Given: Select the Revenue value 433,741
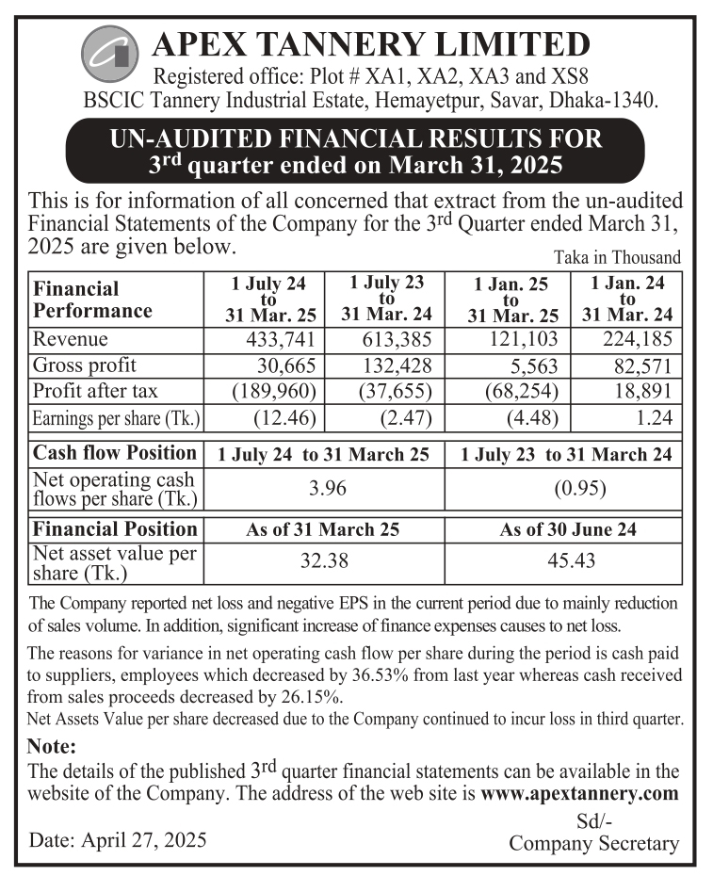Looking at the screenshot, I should pos(288,339).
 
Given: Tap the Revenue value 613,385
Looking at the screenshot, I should pos(398,339).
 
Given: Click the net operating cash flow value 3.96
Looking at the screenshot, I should pos(323,488).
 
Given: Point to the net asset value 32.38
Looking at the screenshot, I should pos(323,561).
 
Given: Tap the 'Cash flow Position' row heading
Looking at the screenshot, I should pos(115,453).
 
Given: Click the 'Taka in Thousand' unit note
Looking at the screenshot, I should pos(617,257).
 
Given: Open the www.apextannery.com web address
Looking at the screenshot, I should pos(579,793).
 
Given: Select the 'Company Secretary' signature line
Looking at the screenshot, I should pos(593,843).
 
